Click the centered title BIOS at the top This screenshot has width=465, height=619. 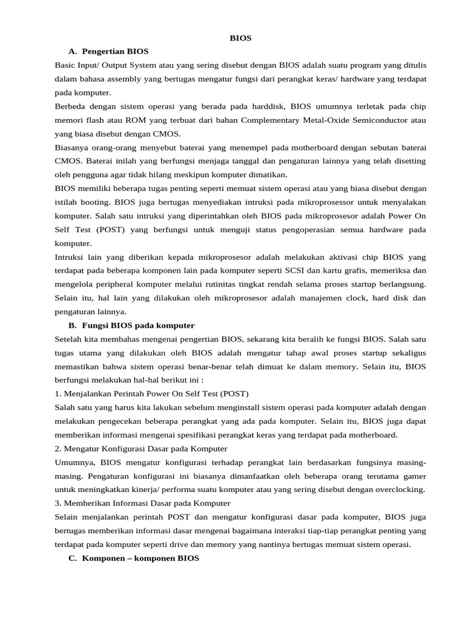(240, 37)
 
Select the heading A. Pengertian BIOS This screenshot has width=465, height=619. (109, 51)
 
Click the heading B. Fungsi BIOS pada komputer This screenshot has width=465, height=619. (132, 325)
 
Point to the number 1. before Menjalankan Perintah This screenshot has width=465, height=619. (58, 393)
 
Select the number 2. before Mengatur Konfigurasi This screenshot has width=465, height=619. (58, 449)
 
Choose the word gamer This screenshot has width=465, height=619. (414, 476)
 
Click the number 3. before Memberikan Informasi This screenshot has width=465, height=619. (58, 503)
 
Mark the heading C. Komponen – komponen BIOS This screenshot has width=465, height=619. (134, 558)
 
